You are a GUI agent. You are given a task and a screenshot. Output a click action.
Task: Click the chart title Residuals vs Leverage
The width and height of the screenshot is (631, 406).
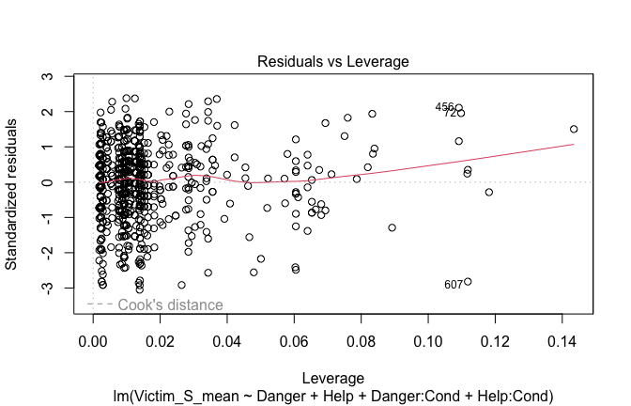[x=333, y=61]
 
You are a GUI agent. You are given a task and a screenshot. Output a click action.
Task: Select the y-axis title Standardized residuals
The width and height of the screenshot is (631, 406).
[x=13, y=194]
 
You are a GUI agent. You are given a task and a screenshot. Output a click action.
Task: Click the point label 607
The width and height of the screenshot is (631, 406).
[x=454, y=285]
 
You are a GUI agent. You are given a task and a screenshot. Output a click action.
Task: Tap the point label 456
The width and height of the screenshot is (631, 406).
[x=444, y=107]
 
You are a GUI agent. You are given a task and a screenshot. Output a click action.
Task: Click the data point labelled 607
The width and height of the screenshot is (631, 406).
[x=468, y=282]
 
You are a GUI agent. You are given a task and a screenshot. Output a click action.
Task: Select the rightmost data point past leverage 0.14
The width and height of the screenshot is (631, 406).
[x=574, y=129]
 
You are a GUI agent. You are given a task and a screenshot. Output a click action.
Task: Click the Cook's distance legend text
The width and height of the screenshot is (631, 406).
[x=170, y=304]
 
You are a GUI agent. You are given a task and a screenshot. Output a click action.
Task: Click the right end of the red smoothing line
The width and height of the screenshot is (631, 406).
[x=574, y=144]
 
